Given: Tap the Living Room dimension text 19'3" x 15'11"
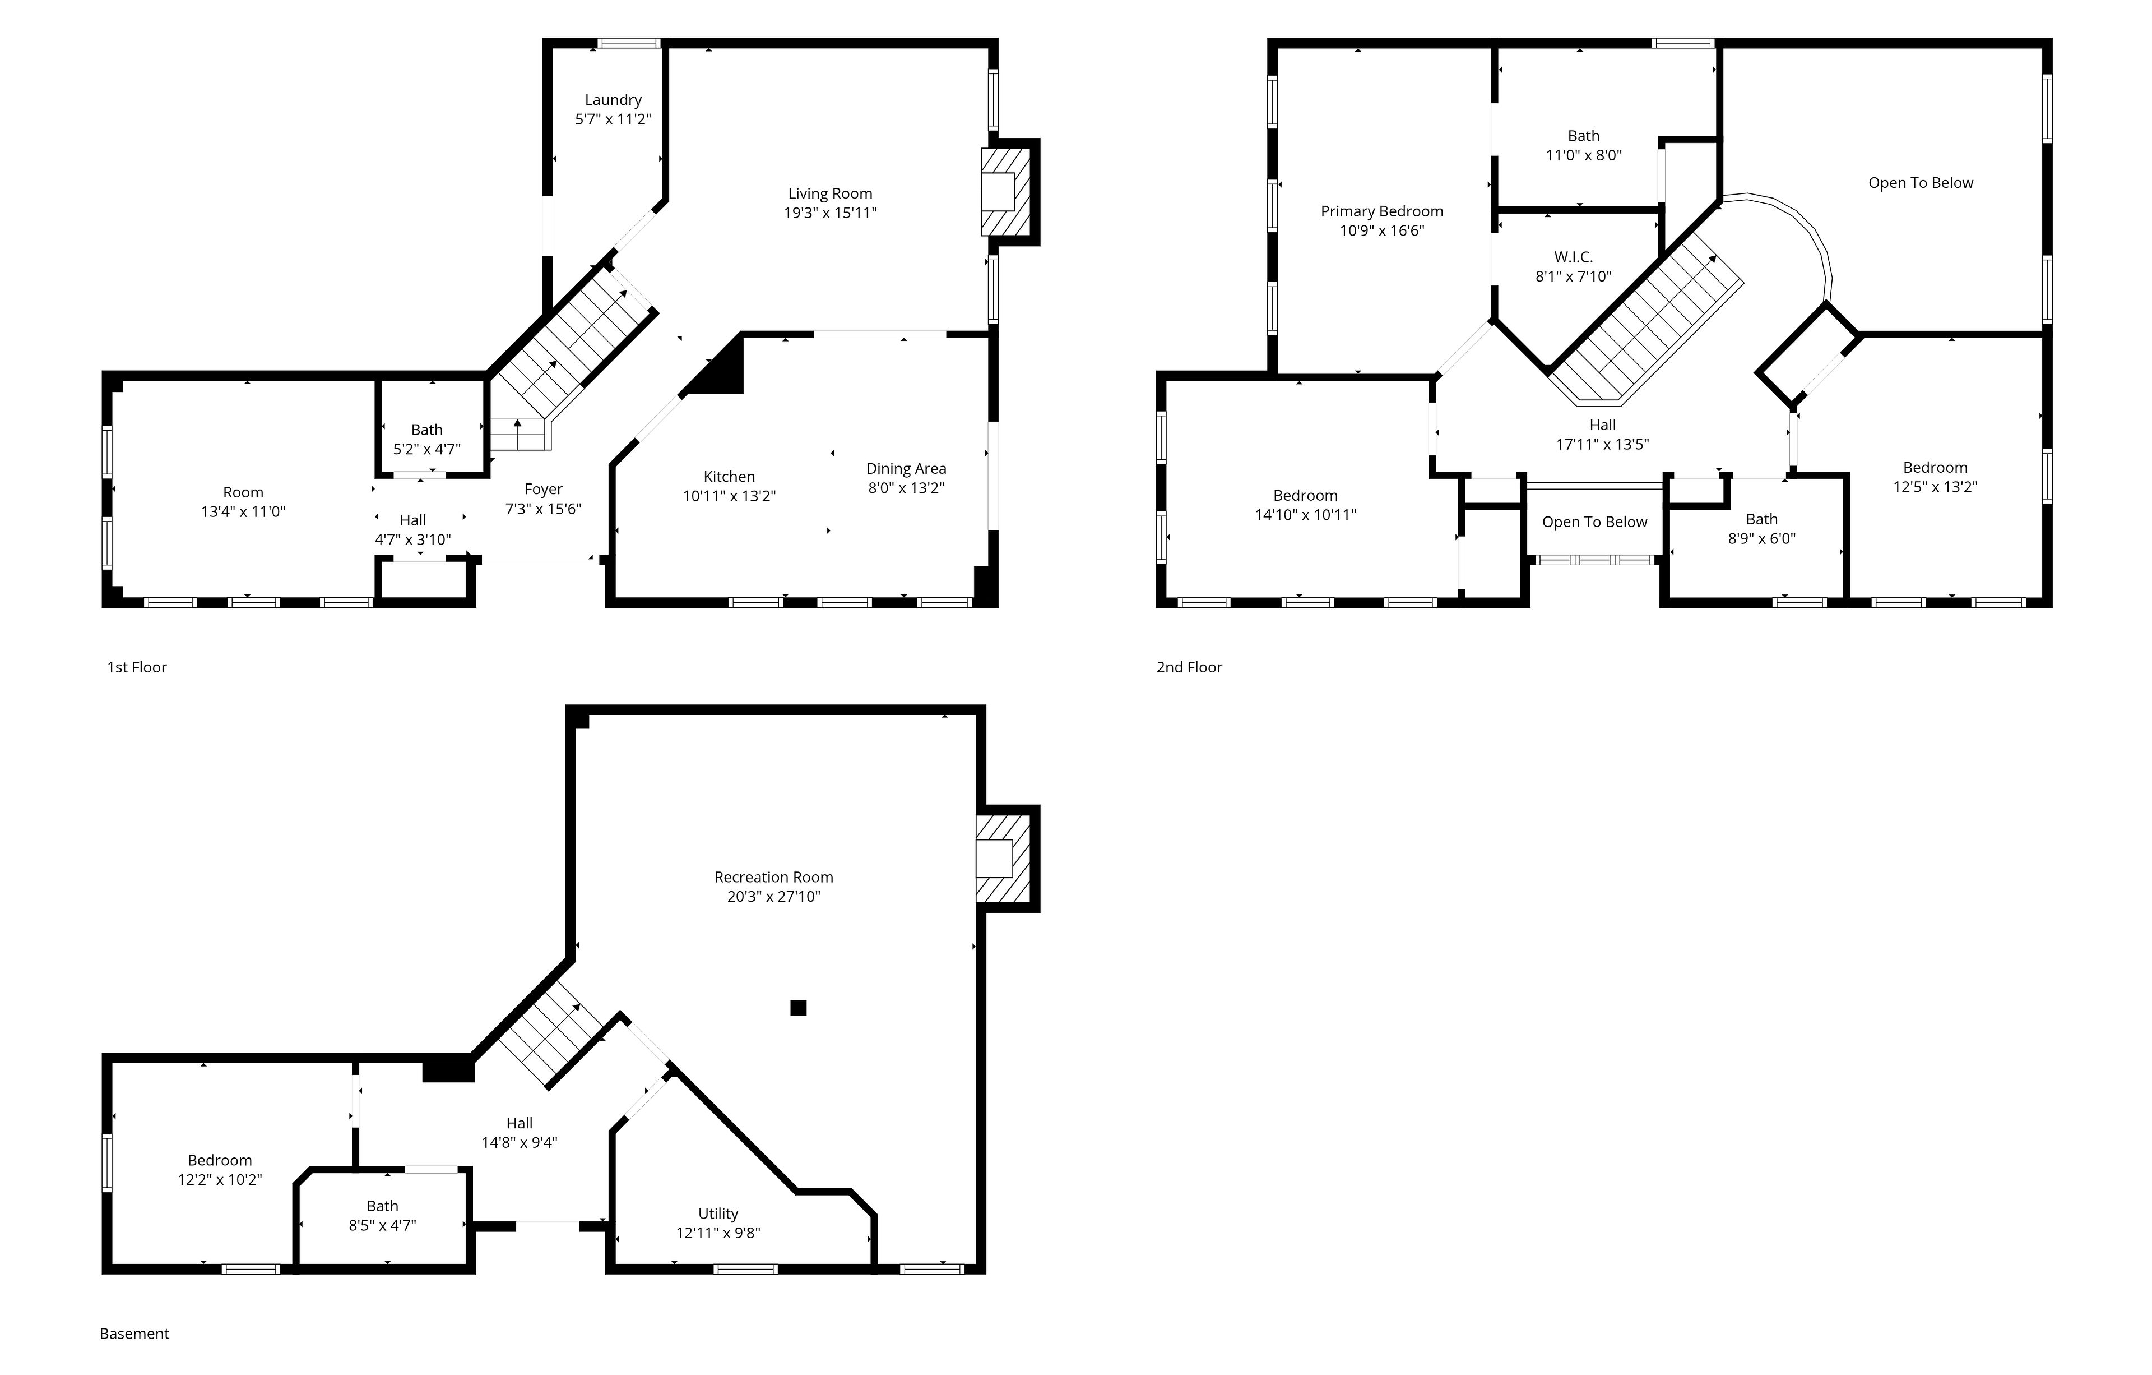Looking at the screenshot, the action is point(830,213).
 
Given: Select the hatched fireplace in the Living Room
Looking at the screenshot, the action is point(1007,191).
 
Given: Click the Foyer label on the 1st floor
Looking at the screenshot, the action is point(544,489).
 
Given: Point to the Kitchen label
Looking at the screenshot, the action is point(729,477).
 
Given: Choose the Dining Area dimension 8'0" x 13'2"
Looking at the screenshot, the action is point(906,487).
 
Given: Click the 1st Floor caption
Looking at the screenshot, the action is point(137,667).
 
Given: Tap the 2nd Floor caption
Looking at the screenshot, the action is point(1189,667).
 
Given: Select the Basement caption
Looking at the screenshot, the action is point(134,1334).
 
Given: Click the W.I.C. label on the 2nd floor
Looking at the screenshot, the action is point(1573,257).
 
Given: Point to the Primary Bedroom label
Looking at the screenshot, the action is point(1381,211).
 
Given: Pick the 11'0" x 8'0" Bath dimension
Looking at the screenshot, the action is point(1584,155).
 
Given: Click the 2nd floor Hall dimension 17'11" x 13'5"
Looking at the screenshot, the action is point(1602,444).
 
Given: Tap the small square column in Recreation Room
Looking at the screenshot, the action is point(798,1008).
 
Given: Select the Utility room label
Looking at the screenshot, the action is point(718,1213).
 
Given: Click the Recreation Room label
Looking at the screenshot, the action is point(774,877).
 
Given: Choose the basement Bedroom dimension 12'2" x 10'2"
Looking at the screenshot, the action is point(220,1179).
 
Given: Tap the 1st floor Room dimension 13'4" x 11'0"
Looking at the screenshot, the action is point(243,511).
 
